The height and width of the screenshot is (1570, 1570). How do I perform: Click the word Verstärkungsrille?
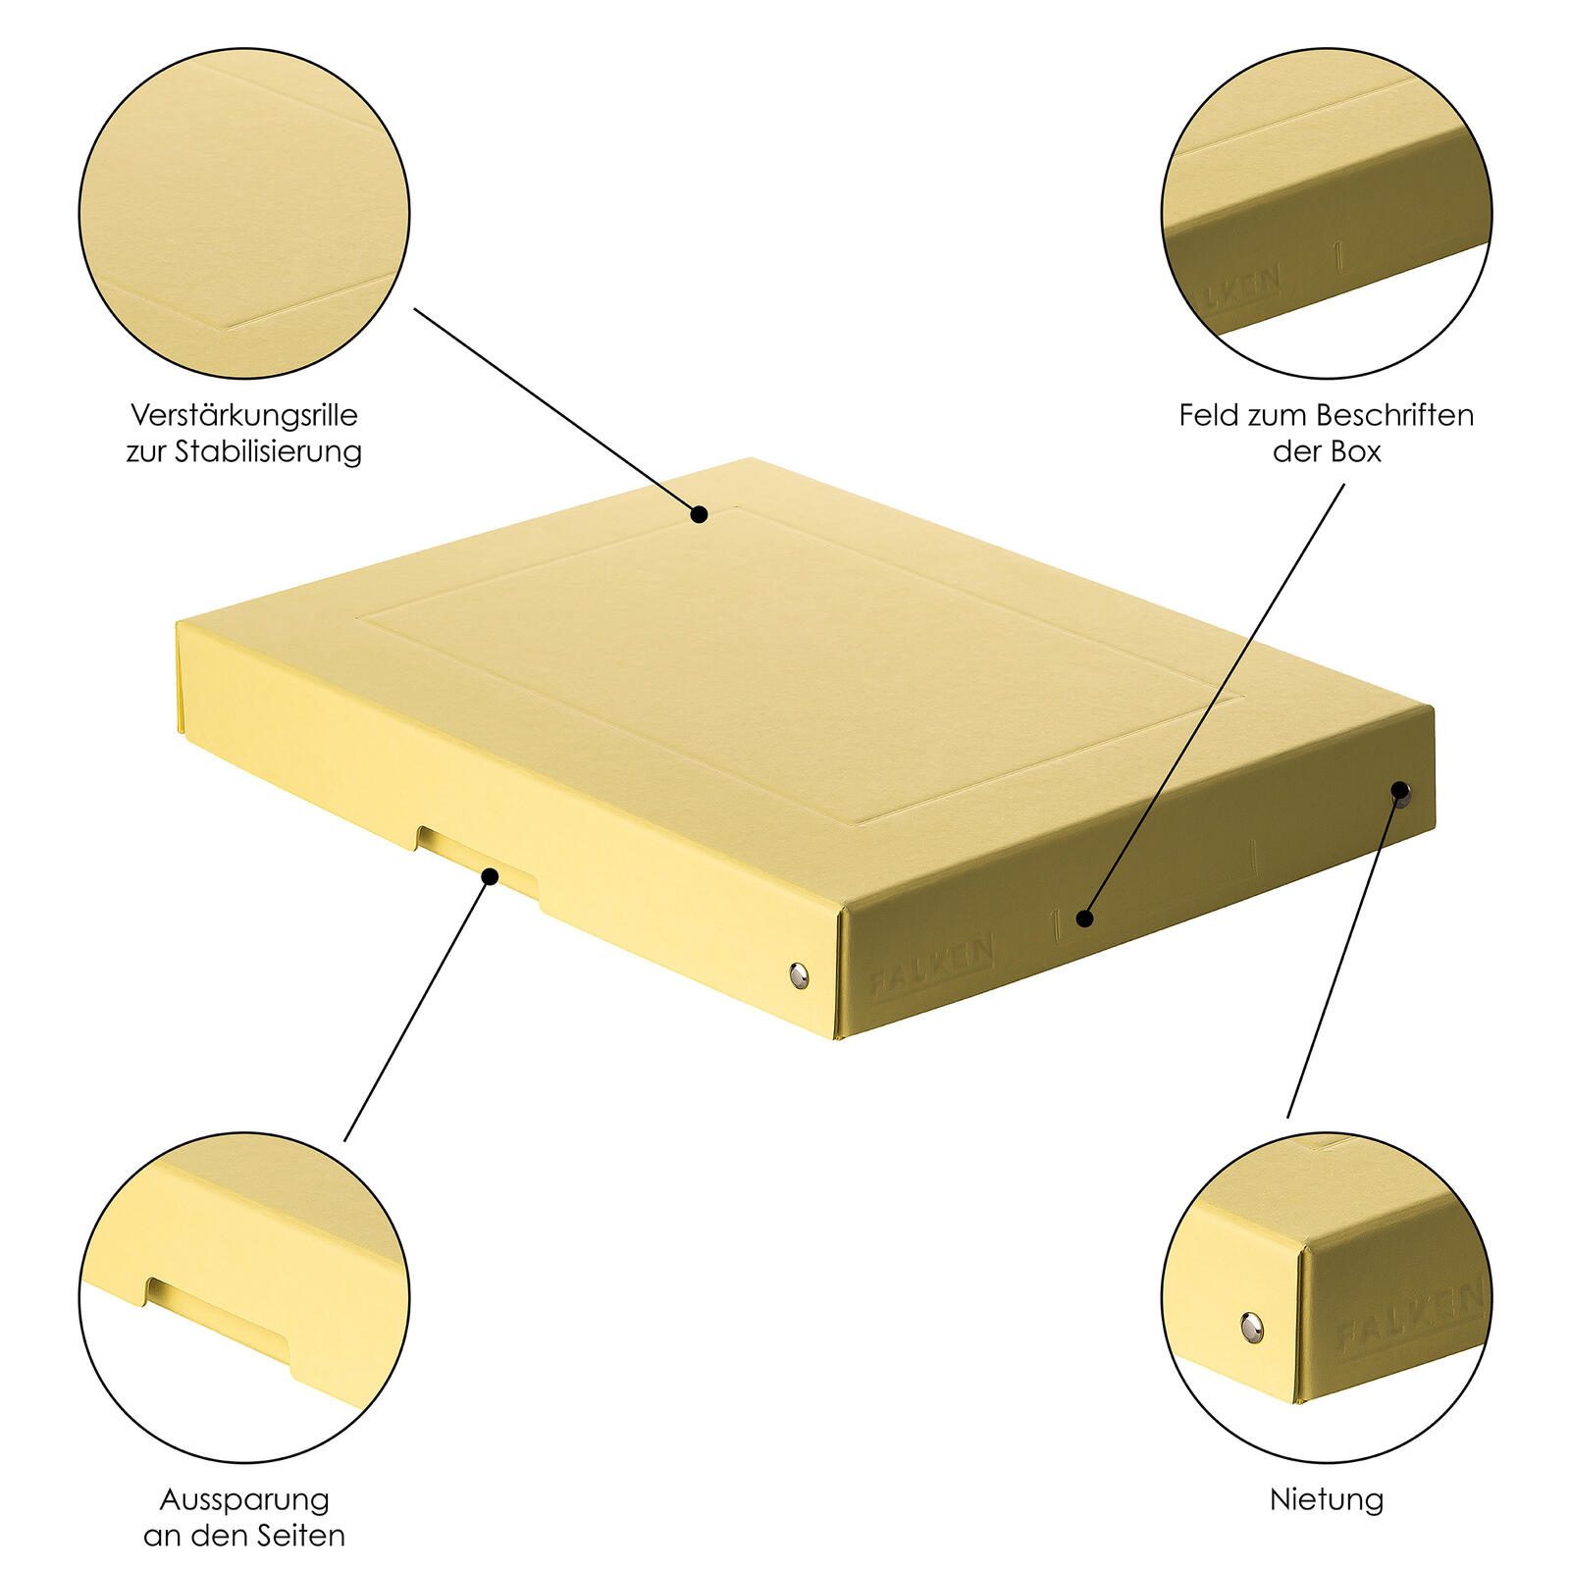click(244, 415)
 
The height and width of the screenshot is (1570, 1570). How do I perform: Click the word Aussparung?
click(244, 1499)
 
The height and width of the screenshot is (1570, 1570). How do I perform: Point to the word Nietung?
click(1327, 1499)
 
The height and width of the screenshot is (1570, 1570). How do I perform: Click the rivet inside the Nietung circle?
click(1251, 1329)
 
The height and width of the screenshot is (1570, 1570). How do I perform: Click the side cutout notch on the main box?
click(477, 860)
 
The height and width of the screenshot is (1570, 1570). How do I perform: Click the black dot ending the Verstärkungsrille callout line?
click(699, 513)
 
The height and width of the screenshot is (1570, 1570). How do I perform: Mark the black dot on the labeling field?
click(1083, 918)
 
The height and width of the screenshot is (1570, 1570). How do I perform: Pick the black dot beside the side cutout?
click(489, 875)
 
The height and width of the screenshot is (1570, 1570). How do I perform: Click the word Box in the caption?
click(1356, 452)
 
